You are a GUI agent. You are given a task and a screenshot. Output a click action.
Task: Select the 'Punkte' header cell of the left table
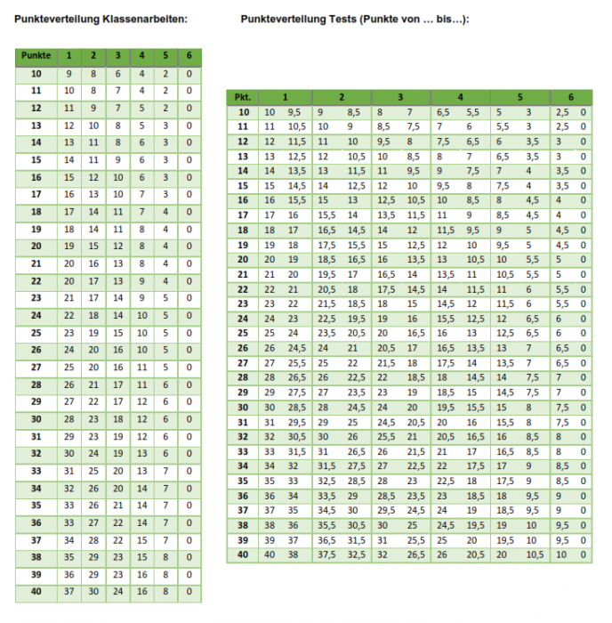36,57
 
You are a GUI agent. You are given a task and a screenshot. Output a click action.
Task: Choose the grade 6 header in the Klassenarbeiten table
189,57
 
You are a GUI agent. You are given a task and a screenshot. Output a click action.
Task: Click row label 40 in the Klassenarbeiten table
36,591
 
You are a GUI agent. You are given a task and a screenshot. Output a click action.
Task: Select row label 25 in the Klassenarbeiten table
36,333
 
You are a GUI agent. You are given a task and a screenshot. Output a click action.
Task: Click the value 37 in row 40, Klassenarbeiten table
68,591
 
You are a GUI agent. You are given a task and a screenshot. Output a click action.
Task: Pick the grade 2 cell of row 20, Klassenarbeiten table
93,247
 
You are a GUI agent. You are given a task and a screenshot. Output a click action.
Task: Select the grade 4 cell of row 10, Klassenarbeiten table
141,75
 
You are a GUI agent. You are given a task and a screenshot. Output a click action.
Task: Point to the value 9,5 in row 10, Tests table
294,112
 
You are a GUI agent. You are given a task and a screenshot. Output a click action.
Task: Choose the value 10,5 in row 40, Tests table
535,554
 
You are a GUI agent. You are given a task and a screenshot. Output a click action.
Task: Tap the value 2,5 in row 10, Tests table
562,112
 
